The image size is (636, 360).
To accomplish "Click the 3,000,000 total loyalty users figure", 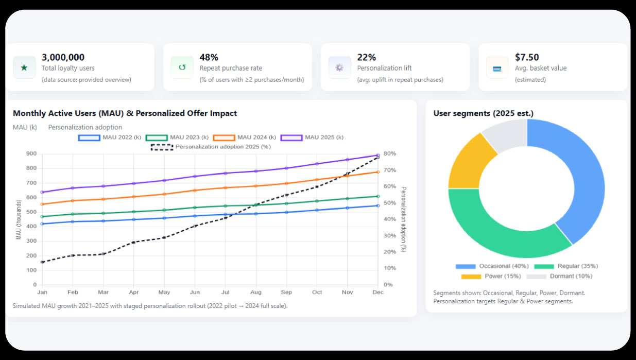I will click(63, 57).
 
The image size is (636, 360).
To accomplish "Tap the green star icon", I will click(24, 67).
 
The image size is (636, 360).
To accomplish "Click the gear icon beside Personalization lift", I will click(339, 67).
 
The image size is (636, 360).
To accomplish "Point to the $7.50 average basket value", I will click(527, 57).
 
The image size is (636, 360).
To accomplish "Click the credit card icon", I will click(497, 68).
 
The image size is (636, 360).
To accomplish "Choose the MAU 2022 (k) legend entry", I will click(110, 138).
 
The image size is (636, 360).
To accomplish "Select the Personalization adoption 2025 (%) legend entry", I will click(211, 147).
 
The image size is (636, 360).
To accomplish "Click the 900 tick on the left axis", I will click(31, 153).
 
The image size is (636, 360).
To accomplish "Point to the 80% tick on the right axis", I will click(389, 153).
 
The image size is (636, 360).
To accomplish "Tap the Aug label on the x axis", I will click(256, 293).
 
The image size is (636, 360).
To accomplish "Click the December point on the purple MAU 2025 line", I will click(378, 155).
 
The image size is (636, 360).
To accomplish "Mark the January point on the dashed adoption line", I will click(42, 262).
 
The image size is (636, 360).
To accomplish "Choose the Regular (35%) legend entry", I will click(566, 266).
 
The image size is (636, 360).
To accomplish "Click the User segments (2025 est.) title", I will click(483, 113).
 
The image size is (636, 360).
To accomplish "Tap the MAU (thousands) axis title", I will click(19, 220).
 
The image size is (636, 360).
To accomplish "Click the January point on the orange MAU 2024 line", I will click(42, 204).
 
